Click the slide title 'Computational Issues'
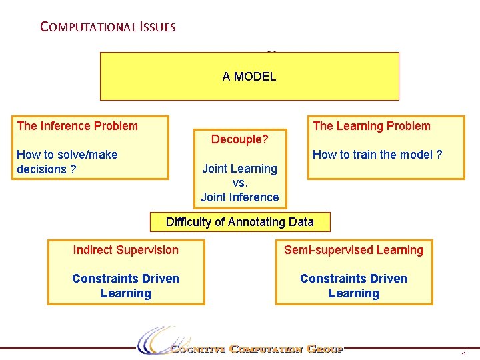point(107,27)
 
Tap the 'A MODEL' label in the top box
point(249,77)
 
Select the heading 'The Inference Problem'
point(77,126)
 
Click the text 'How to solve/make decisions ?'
point(67,162)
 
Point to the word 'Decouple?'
point(239,139)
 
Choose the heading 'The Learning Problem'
point(371,126)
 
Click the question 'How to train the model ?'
point(377,155)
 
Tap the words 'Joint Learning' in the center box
point(239,169)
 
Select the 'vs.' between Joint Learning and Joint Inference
point(239,183)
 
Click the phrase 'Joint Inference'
point(239,197)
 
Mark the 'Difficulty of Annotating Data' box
point(239,222)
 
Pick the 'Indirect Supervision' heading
point(125,250)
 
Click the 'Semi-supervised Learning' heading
point(353,250)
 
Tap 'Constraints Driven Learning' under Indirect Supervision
point(125,286)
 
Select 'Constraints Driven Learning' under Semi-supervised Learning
point(353,286)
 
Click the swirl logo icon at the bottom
point(155,339)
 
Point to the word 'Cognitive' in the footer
point(199,349)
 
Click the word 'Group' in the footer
point(325,349)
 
